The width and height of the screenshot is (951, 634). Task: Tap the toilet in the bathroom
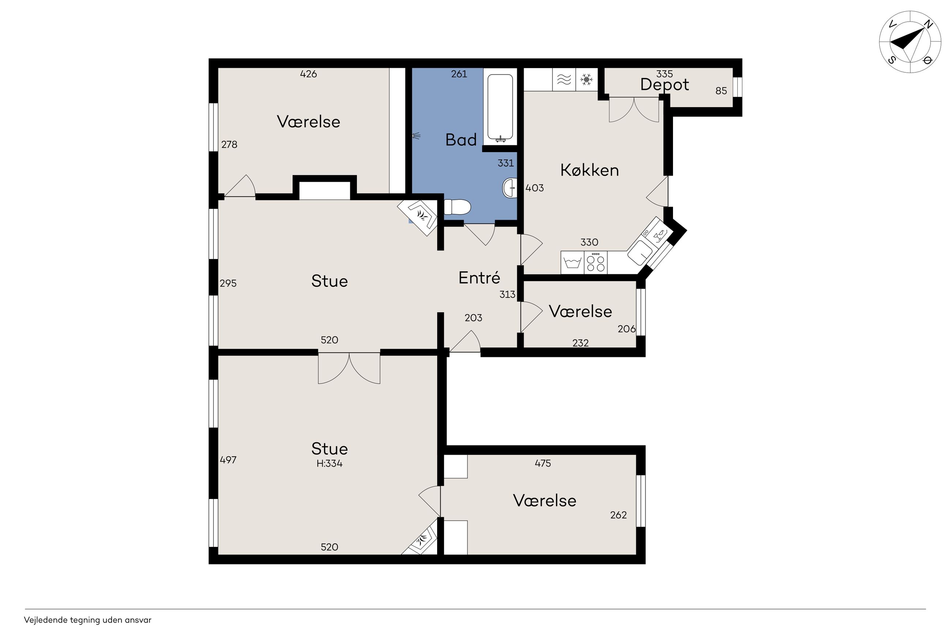(x=457, y=207)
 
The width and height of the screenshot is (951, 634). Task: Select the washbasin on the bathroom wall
(x=510, y=188)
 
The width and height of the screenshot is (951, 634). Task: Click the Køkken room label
(x=589, y=170)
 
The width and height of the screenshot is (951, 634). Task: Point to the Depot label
(x=665, y=85)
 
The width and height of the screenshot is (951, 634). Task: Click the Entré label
(x=479, y=277)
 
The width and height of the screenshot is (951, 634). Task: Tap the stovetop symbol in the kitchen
(x=596, y=262)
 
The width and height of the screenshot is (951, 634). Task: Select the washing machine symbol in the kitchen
(x=573, y=262)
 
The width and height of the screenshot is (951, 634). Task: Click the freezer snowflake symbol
(x=586, y=79)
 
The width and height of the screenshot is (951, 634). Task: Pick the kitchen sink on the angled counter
(x=639, y=252)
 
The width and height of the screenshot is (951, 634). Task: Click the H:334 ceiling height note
(x=330, y=464)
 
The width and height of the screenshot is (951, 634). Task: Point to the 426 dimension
(x=308, y=74)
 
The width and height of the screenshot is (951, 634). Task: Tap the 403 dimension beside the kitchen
(x=534, y=188)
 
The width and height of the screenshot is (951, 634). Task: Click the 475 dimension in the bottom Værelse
(x=543, y=464)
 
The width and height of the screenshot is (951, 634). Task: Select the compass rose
(x=910, y=42)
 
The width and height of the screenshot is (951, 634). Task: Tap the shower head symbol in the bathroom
(x=416, y=136)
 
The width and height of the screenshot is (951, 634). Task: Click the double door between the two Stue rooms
(x=349, y=368)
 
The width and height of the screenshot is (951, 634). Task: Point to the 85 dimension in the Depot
(x=721, y=91)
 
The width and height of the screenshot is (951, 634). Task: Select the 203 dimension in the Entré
(x=473, y=318)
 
